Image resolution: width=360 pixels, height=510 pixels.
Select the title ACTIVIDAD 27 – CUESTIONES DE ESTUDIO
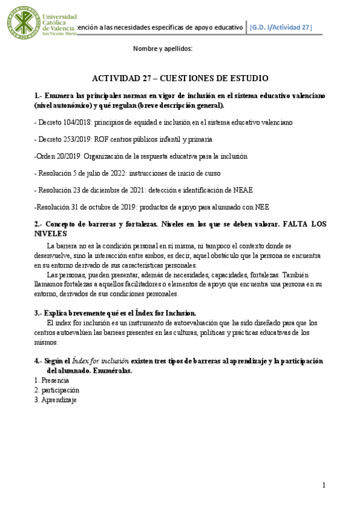(x=180, y=78)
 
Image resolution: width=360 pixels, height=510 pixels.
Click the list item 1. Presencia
(x=51, y=381)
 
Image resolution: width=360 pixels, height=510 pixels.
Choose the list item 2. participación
(x=56, y=390)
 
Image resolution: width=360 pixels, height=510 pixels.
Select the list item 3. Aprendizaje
(x=55, y=400)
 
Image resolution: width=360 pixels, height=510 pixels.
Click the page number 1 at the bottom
(x=323, y=485)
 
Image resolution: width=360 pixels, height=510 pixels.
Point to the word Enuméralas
(x=109, y=370)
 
